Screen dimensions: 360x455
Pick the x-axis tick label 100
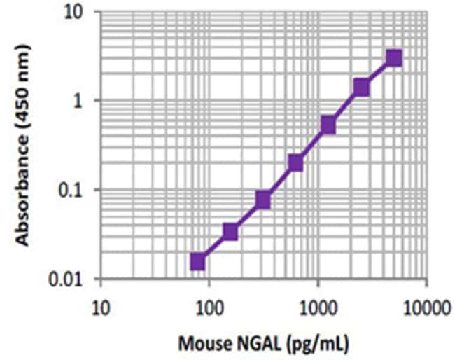[x=209, y=306]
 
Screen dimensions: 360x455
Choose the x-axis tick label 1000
[x=318, y=306]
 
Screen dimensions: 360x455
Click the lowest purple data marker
[x=197, y=261]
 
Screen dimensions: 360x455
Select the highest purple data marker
[x=394, y=57]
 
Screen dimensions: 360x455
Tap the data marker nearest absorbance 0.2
[x=295, y=162]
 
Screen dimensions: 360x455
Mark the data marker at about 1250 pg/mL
[x=328, y=125]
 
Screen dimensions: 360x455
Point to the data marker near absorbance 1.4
[x=361, y=87]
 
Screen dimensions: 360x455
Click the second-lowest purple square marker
[x=230, y=232]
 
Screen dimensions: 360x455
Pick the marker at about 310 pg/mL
[x=262, y=200]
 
